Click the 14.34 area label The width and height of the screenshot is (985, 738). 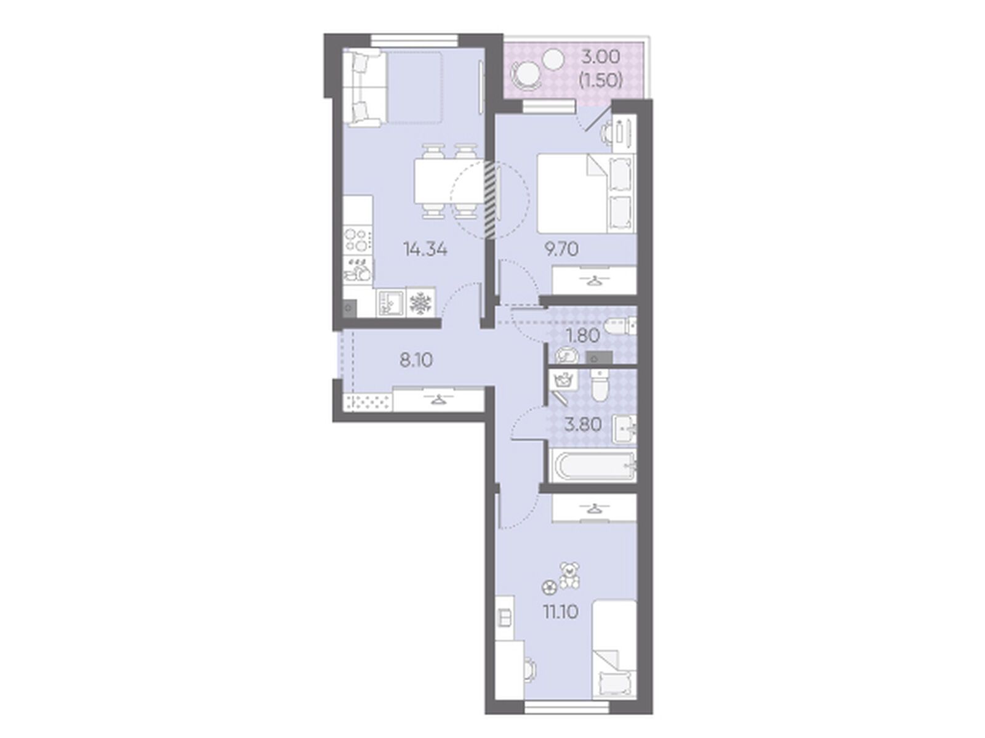coord(111,249)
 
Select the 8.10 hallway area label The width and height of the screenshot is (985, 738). coord(102,360)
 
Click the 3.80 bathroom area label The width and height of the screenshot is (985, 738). coord(583,424)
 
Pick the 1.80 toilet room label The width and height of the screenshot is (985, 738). coord(583,335)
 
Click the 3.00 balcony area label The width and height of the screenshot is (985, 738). coord(600,57)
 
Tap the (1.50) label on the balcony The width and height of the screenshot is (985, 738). coord(600,80)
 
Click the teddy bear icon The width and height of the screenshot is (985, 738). coord(569,575)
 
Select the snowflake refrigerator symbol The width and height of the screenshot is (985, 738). coord(420,303)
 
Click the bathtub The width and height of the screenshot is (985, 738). coord(592,466)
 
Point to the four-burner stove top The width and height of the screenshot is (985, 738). coord(358,239)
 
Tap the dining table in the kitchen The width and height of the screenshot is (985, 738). coord(449,181)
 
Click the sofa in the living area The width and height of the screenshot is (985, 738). coord(364,88)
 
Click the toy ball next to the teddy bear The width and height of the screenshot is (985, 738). coord(549,586)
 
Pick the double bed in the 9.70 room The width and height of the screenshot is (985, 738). coord(586,193)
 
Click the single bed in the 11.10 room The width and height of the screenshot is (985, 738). coord(614,656)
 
